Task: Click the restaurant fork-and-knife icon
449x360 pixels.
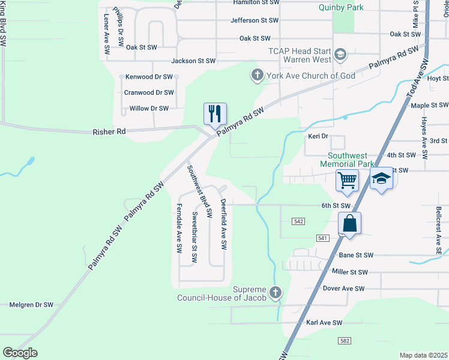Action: point(215,113)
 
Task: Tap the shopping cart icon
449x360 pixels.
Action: point(348,179)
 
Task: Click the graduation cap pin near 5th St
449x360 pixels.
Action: point(381,179)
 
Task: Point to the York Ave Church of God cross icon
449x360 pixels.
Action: point(257,76)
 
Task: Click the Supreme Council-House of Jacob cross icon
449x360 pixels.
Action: point(276,293)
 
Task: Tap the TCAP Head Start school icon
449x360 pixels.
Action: point(340,56)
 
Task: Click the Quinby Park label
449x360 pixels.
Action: point(342,8)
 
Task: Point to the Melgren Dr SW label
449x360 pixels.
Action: point(31,305)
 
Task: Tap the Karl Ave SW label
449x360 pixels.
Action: point(324,323)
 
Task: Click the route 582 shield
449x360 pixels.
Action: point(344,341)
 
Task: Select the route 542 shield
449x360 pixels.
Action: point(300,221)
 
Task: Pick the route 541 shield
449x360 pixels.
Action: point(322,238)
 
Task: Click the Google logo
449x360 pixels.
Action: point(20,353)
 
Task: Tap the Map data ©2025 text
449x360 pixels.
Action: point(423,355)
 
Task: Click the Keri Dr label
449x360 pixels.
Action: point(316,137)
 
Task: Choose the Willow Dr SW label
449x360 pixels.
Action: point(149,109)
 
